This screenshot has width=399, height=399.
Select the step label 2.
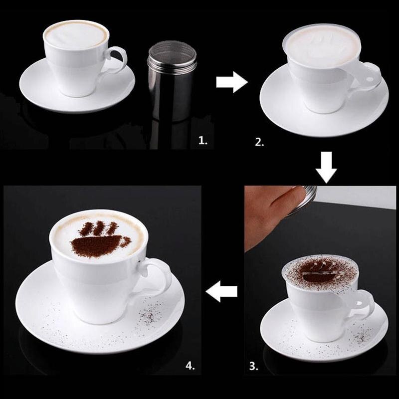[259, 142]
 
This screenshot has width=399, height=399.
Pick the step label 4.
[190, 366]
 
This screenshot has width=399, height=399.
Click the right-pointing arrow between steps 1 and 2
[231, 82]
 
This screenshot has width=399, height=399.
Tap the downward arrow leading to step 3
[326, 168]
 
